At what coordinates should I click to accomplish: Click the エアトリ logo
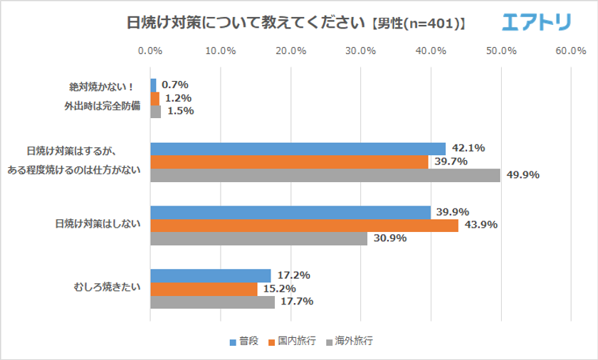point(537,23)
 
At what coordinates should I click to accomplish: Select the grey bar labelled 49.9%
point(325,175)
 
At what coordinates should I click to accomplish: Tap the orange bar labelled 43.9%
point(304,226)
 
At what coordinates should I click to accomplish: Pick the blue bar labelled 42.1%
point(298,149)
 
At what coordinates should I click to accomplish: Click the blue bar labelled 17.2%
point(211,275)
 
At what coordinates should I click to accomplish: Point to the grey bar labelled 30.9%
point(258,238)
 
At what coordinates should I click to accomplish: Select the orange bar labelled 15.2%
point(204,288)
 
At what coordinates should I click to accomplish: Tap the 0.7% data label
point(174,85)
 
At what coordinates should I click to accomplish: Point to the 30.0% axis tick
point(360,51)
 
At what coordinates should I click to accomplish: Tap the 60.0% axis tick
point(571,51)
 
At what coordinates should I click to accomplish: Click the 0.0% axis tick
point(150,51)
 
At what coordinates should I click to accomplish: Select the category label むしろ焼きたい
point(107,288)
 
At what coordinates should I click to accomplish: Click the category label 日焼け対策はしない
point(98,225)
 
